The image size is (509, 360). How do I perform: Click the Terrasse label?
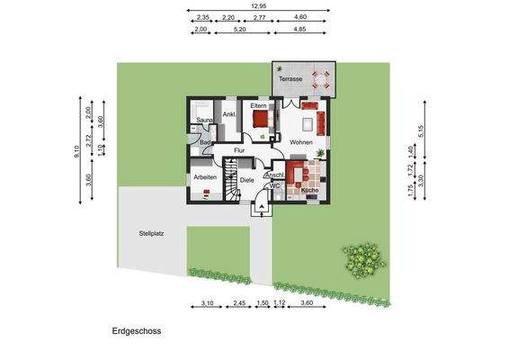pyautogui.click(x=290, y=79)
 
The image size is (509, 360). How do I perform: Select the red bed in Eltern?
pyautogui.click(x=262, y=118)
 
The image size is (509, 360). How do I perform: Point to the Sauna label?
pyautogui.click(x=204, y=120)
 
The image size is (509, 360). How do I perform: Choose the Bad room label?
pyautogui.click(x=205, y=142)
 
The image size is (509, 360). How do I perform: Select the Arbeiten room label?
pyautogui.click(x=204, y=177)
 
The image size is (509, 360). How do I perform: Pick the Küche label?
pyautogui.click(x=309, y=192)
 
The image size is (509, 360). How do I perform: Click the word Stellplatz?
pyautogui.click(x=150, y=233)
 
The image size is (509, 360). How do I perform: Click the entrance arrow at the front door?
pyautogui.click(x=262, y=204)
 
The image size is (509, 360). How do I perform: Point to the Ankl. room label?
pyautogui.click(x=229, y=114)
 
